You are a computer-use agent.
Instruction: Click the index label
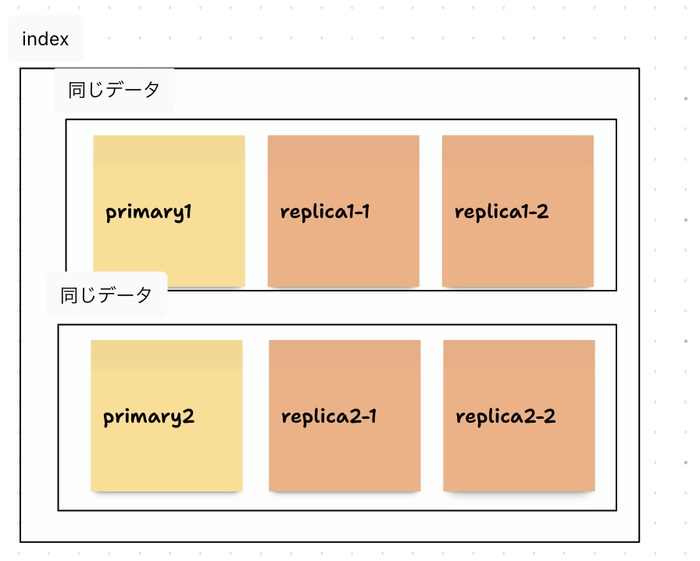point(45,39)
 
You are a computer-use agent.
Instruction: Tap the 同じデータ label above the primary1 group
point(114,90)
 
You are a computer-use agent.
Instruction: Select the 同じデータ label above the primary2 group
point(106,295)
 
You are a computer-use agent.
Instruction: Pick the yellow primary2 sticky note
point(166,453)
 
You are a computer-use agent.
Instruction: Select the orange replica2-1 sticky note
point(345,453)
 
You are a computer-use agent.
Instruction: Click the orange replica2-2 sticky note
point(519,453)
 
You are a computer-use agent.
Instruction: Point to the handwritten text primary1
point(148,213)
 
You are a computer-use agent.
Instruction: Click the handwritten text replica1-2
point(502,213)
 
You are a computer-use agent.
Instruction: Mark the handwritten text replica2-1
point(329,416)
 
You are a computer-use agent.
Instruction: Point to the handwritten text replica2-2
point(505,416)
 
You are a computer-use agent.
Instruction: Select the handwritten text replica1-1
point(325,213)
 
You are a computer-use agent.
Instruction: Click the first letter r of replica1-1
point(285,213)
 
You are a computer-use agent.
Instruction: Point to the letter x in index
point(63,39)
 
